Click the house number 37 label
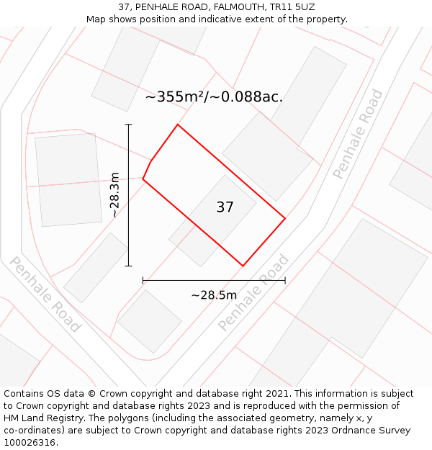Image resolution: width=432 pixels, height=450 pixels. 225,207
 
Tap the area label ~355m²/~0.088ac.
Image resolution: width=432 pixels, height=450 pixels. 214,97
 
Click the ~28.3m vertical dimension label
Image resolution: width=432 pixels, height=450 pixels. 114,194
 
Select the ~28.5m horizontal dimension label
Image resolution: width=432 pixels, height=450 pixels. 214,295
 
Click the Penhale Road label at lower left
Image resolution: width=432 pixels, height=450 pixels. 44,294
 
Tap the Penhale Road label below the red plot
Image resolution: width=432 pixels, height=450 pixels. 253,293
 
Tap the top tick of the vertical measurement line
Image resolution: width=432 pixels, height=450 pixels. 129,125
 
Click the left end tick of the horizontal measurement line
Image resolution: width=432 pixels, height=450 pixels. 143,280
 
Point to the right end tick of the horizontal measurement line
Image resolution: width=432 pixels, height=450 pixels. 285,280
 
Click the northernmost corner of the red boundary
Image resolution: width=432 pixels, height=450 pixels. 177,125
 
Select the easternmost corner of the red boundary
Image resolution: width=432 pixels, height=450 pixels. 285,218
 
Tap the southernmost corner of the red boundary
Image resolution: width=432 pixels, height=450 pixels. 243,266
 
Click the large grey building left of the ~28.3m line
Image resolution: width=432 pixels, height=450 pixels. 68,179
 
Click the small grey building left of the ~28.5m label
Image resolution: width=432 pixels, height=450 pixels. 149,320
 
